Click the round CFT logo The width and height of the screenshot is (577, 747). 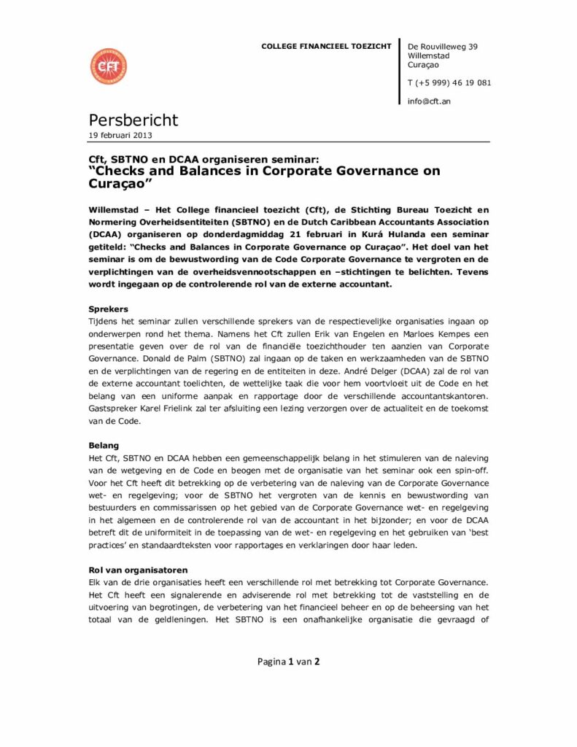[108, 66]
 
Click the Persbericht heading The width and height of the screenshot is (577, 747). [133, 120]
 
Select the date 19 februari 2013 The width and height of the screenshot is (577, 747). [120, 135]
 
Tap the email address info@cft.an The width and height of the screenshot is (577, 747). [429, 101]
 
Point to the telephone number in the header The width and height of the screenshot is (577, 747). [449, 82]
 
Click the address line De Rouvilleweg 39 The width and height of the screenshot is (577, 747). [443, 47]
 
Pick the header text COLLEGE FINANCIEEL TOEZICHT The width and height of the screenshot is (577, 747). [326, 47]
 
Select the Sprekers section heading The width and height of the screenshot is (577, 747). [108, 309]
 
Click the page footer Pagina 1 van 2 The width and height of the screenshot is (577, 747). [288, 662]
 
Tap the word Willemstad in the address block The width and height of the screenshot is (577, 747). [428, 55]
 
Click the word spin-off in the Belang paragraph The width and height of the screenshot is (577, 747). [470, 470]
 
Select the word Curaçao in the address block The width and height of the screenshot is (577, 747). [423, 65]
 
